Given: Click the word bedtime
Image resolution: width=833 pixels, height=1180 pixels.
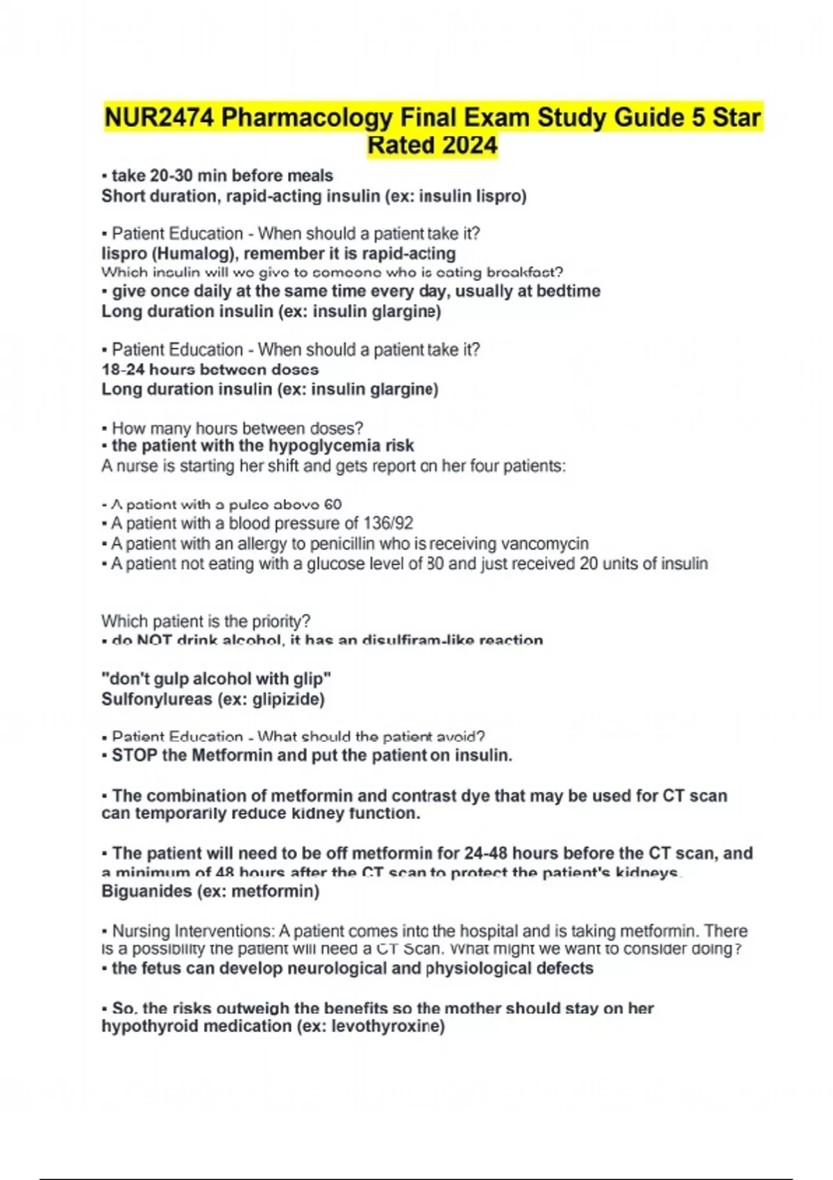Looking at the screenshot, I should pyautogui.click(x=566, y=291).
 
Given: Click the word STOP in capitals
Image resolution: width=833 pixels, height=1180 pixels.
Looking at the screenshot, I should pyautogui.click(x=135, y=755).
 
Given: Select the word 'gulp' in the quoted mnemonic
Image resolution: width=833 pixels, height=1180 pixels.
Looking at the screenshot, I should pyautogui.click(x=174, y=679).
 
